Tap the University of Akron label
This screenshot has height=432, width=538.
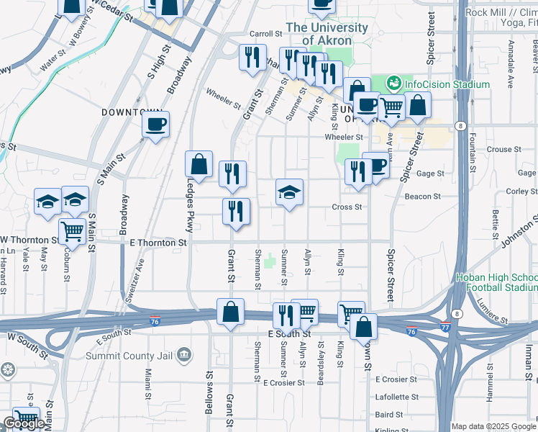click(327, 34)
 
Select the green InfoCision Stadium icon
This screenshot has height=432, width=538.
click(394, 84)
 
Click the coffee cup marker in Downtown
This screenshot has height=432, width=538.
click(155, 125)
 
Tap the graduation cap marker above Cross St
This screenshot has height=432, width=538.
click(289, 192)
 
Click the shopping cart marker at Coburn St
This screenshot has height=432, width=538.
click(72, 231)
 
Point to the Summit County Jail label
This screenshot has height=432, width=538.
click(130, 356)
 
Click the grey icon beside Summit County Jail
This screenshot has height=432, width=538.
click(185, 355)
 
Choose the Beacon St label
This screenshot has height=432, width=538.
click(423, 196)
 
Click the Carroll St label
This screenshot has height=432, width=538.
click(265, 34)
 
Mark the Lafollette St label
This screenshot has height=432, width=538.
click(396, 397)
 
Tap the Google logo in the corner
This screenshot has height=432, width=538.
click(24, 423)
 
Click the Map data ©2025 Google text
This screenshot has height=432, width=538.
click(493, 426)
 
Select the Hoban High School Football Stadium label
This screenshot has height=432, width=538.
click(496, 283)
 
